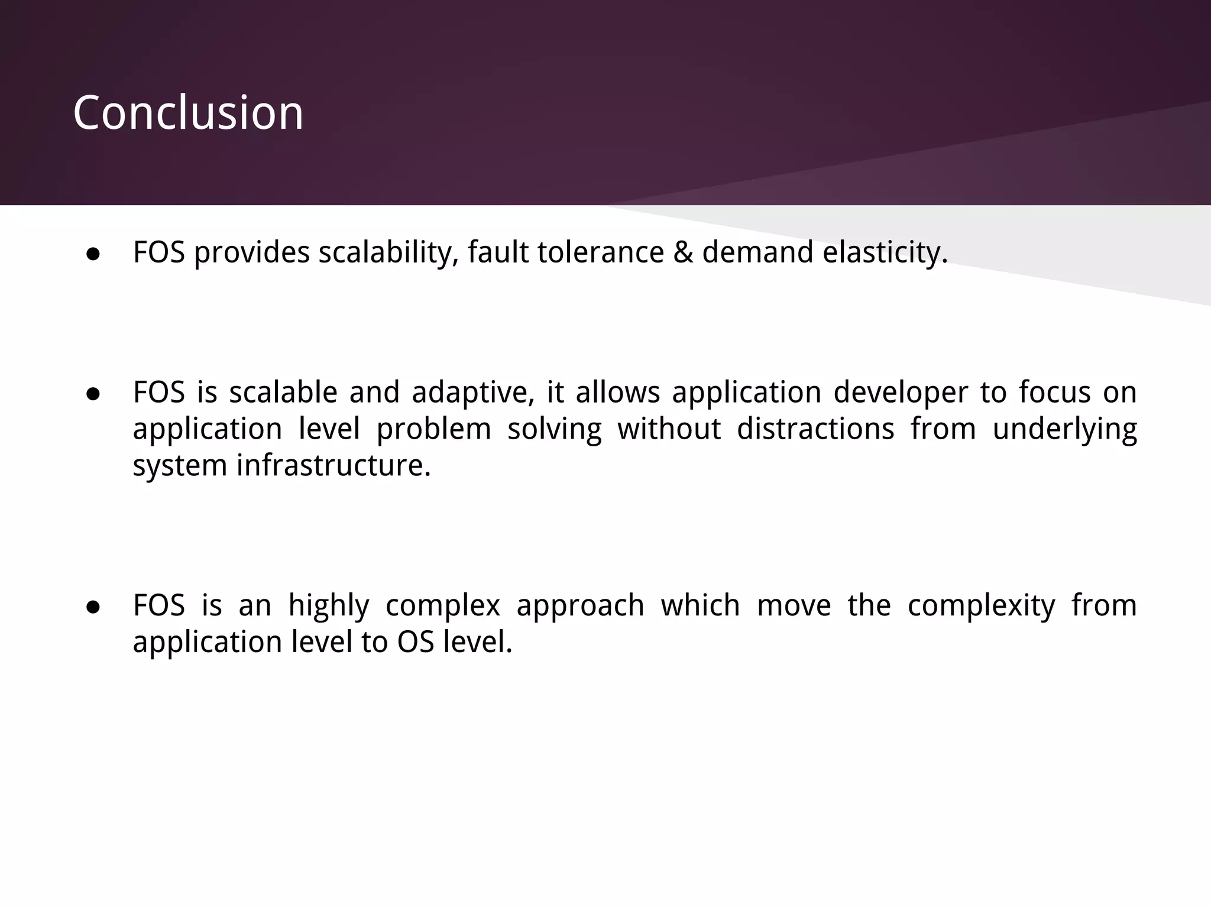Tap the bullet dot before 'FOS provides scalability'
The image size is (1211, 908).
pyautogui.click(x=93, y=254)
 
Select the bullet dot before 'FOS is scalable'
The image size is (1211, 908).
pyautogui.click(x=93, y=394)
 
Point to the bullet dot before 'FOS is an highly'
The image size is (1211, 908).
pyautogui.click(x=93, y=607)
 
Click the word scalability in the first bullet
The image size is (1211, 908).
pyautogui.click(x=388, y=252)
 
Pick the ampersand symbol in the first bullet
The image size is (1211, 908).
pyautogui.click(x=682, y=252)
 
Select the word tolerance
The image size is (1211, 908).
pyautogui.click(x=601, y=252)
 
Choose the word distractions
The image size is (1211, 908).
pyautogui.click(x=815, y=429)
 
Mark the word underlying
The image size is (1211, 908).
pyautogui.click(x=1064, y=430)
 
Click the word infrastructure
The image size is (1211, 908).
pyautogui.click(x=334, y=465)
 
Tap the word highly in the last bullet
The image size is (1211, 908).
pyautogui.click(x=329, y=606)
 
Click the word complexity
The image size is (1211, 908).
pyautogui.click(x=981, y=606)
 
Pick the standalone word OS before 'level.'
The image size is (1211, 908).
pyautogui.click(x=416, y=642)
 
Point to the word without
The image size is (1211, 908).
pyautogui.click(x=669, y=429)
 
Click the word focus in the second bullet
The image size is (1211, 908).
pyautogui.click(x=1054, y=393)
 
